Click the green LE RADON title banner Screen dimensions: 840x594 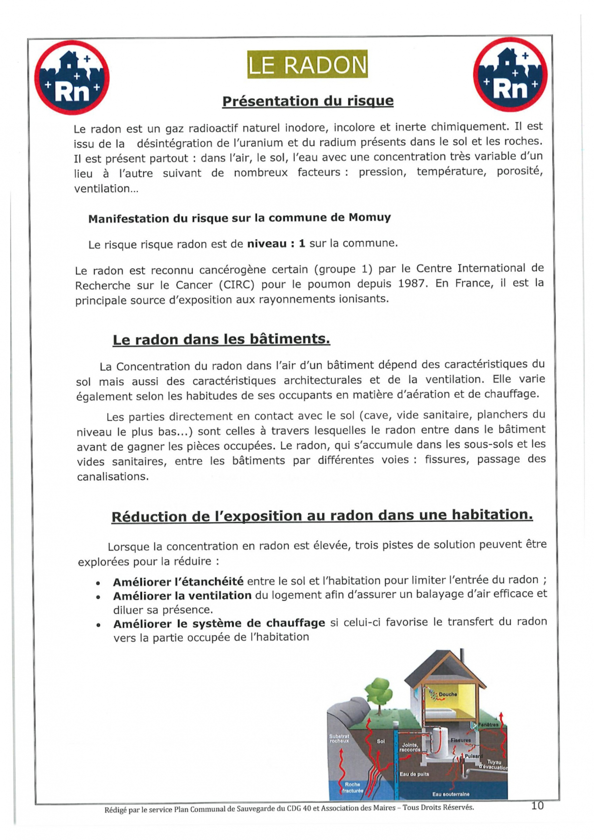tap(307, 64)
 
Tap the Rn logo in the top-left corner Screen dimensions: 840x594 tap(72, 78)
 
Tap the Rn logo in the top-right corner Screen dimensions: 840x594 tap(510, 75)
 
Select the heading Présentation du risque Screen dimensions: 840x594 tap(308, 101)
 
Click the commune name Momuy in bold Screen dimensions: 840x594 tap(370, 218)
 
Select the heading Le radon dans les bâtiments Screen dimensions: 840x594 tap(221, 339)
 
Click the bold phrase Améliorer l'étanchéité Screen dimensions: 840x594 tap(178, 581)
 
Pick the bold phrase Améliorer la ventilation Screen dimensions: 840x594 tap(182, 596)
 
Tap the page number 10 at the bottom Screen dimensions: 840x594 tap(537, 805)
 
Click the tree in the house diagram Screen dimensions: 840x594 tap(379, 694)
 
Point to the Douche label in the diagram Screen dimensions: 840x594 tap(448, 694)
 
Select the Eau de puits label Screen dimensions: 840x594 tap(415, 774)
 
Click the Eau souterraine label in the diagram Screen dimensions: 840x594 tap(450, 794)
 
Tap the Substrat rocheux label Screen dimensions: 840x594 tap(339, 738)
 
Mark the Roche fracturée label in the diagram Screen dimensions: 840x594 tap(353, 787)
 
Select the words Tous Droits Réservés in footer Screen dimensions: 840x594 tap(438, 807)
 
